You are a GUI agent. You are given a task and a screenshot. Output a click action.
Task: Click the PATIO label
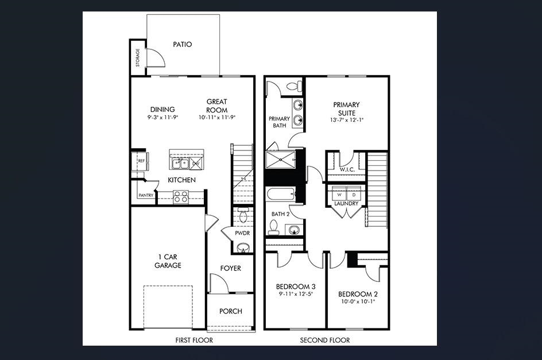coord(182,44)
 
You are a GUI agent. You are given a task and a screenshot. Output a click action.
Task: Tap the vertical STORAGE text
coord(137,57)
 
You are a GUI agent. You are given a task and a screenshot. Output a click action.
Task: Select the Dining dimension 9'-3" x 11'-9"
coord(162,117)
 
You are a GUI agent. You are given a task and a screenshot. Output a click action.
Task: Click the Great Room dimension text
coord(217,117)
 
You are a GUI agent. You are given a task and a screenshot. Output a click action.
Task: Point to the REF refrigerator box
coord(141,161)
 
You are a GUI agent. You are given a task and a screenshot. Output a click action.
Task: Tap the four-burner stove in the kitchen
coord(181,197)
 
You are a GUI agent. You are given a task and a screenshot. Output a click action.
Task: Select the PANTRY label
coord(145,195)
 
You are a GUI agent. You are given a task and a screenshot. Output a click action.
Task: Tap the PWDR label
coord(242,234)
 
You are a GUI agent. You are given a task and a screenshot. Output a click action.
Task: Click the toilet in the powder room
coord(242,215)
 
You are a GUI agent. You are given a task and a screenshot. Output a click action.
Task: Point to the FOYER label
coord(231,268)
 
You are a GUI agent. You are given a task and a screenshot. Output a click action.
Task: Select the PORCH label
coord(231,311)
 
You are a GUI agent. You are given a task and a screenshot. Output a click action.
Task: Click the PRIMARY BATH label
coord(279,122)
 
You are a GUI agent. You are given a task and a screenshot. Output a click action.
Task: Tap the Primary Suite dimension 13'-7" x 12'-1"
coord(347,120)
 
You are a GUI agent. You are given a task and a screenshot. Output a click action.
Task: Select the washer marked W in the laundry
coord(339,195)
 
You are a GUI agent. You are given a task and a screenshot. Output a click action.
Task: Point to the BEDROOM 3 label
coord(296,287)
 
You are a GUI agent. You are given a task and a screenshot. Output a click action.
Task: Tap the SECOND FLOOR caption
coord(325,340)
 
